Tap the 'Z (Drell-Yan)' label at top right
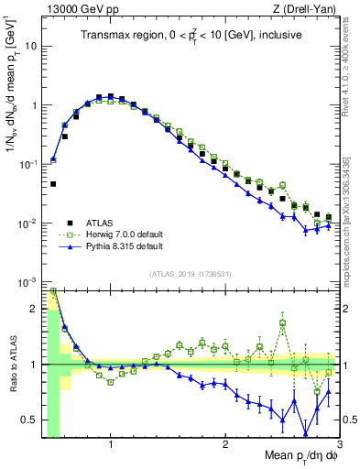point(307,8)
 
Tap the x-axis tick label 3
point(338,444)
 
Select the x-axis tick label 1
point(111,444)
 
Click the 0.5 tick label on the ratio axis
point(29,420)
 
